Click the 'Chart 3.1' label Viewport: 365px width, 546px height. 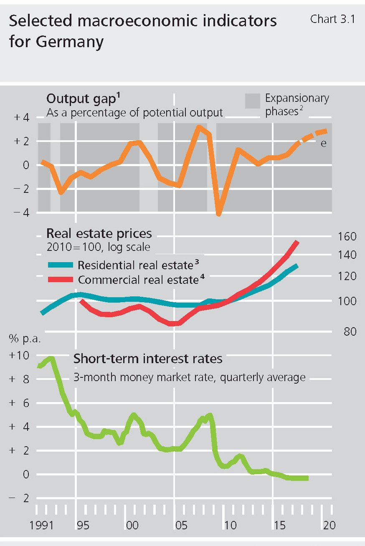click(x=332, y=19)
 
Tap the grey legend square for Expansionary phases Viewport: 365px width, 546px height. click(x=252, y=101)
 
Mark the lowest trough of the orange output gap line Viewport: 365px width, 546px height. click(x=218, y=214)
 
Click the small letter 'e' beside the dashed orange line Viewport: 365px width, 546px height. click(x=322, y=143)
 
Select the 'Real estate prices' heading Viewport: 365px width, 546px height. click(x=99, y=233)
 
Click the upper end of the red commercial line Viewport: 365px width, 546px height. click(x=297, y=242)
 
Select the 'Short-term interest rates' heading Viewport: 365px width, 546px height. click(x=148, y=359)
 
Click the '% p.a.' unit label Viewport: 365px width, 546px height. click(x=25, y=339)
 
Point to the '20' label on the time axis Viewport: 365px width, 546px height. click(x=330, y=524)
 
